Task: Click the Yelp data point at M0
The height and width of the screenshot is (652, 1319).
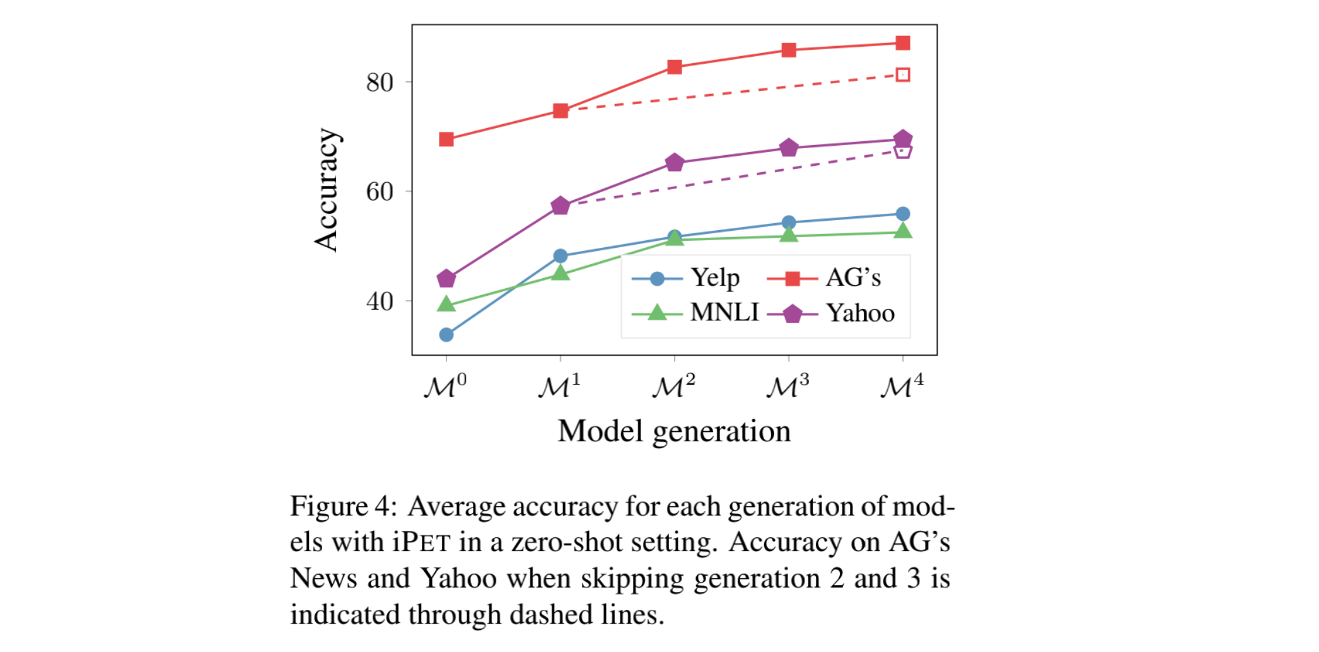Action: pyautogui.click(x=446, y=334)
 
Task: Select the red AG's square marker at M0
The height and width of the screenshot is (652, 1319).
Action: pyautogui.click(x=446, y=139)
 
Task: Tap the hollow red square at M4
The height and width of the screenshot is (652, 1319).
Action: pyautogui.click(x=902, y=74)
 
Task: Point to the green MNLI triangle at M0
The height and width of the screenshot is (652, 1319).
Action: pyautogui.click(x=446, y=305)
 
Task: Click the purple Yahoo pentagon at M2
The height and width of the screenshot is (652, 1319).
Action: pyautogui.click(x=674, y=162)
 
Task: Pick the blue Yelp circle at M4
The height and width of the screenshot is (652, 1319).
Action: pyautogui.click(x=902, y=214)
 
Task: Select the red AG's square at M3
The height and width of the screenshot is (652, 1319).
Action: pyautogui.click(x=788, y=50)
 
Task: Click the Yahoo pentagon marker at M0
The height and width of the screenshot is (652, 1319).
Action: pyautogui.click(x=446, y=278)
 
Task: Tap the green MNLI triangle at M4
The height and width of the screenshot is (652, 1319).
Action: pyautogui.click(x=902, y=231)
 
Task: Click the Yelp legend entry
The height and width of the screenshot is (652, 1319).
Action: pyautogui.click(x=715, y=277)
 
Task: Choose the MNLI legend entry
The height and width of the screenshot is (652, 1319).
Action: pyautogui.click(x=724, y=313)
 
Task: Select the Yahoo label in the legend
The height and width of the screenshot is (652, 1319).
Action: pyautogui.click(x=860, y=313)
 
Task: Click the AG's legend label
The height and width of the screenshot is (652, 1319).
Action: pyautogui.click(x=852, y=277)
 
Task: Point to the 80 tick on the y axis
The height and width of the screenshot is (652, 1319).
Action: pyautogui.click(x=380, y=82)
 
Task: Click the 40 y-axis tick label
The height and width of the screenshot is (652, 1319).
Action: pyautogui.click(x=380, y=301)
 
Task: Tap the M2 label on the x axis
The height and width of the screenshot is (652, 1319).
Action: pyautogui.click(x=673, y=386)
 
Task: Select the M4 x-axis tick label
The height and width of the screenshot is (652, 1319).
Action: pyautogui.click(x=902, y=386)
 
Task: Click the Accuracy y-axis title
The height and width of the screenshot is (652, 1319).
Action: pyautogui.click(x=327, y=190)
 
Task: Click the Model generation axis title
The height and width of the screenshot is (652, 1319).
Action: pyautogui.click(x=674, y=431)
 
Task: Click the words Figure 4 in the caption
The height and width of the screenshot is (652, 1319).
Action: pyautogui.click(x=342, y=506)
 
